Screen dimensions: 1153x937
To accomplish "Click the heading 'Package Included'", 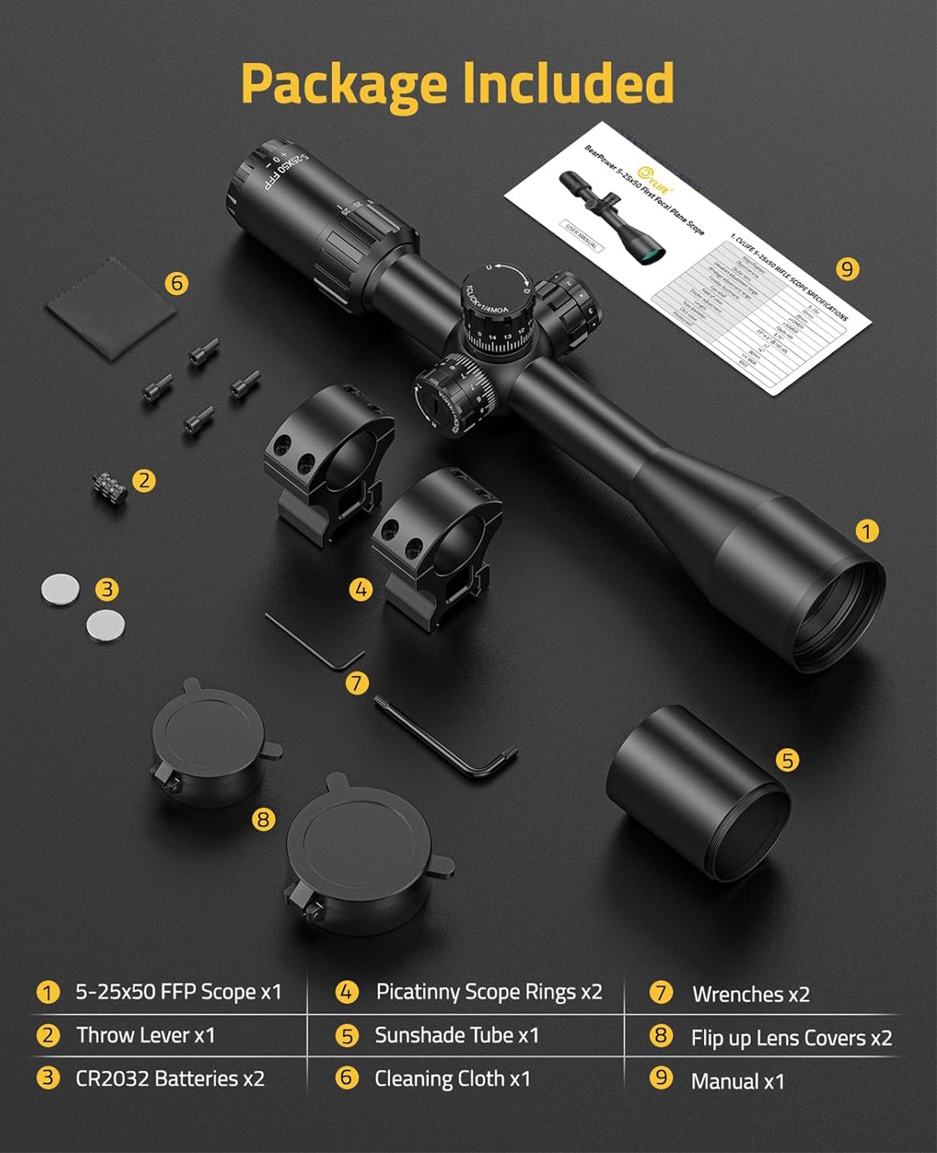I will point(457,84).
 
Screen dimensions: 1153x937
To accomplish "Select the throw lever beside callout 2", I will point(110,487).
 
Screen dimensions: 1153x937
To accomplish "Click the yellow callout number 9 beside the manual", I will point(847,269).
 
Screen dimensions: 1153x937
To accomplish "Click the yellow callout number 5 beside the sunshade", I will point(787,760).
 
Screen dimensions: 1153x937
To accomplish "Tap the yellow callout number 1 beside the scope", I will point(866,531).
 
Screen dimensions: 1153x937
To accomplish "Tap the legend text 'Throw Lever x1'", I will point(146,1036).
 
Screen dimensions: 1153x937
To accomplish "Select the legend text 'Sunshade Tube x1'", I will point(456,1036).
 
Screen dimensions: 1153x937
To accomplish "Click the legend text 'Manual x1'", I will point(737,1081).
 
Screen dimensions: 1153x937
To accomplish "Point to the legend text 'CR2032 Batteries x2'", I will point(170,1079).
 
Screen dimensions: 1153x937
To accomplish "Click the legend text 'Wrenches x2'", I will point(750,994).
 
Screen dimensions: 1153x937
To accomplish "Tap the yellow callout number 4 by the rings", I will point(360,590).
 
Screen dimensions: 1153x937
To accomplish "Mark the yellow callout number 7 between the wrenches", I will point(357,682).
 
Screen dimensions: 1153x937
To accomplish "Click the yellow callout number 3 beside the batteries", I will point(107,589).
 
